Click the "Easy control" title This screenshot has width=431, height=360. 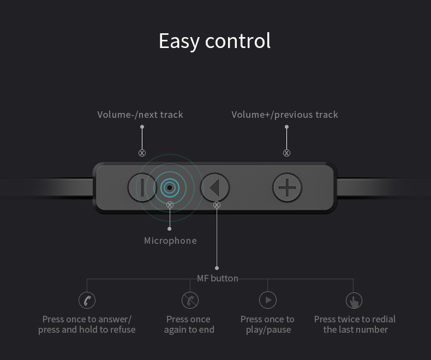pos(214,41)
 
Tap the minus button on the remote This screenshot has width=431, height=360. pos(142,188)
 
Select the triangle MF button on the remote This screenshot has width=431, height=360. pos(214,188)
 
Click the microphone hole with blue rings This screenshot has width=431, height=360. pos(170,188)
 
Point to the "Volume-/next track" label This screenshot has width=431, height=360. pos(140,115)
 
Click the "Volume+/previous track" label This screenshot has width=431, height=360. pos(285,115)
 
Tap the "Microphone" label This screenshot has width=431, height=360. pos(170,241)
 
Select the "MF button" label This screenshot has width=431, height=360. pos(218,278)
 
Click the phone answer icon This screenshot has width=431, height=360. pos(87,300)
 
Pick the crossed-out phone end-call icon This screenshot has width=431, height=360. pos(190,300)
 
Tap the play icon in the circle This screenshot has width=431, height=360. pos(268,300)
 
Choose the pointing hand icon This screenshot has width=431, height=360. pos(354,301)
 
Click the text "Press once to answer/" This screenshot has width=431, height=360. pos(87,319)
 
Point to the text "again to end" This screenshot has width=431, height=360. pos(189,330)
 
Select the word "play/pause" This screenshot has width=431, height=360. pos(268,330)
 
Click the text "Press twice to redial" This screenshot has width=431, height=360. pos(355,319)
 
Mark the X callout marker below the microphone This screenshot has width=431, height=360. pos(170,205)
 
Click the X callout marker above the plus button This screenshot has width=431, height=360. pos(286,153)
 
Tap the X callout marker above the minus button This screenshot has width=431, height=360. pos(142,153)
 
